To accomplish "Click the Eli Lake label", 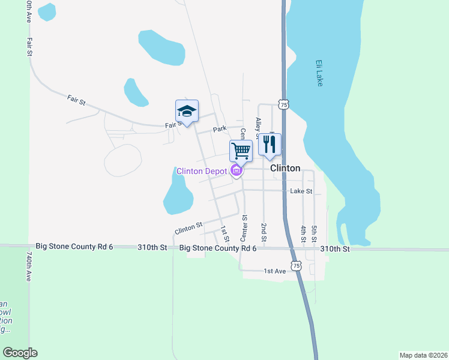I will point(319,73).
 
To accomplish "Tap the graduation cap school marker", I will point(187,111).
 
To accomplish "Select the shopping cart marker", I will point(241,151).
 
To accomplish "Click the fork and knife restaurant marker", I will point(270,144).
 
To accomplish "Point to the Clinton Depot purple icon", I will point(237,172).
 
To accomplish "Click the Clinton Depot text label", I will point(202,172).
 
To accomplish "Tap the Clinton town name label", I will point(285,169).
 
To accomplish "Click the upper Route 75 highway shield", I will point(283,105).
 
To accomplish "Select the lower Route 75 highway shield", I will point(295,265).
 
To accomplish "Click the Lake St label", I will point(301,191).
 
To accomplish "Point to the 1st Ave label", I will point(275,271).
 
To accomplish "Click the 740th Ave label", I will point(28,267).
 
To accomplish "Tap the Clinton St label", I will point(188,229).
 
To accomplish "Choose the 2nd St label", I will point(264,230).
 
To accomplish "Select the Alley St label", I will point(259,127).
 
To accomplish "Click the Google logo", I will point(20,353).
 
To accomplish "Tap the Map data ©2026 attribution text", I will point(423,355).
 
